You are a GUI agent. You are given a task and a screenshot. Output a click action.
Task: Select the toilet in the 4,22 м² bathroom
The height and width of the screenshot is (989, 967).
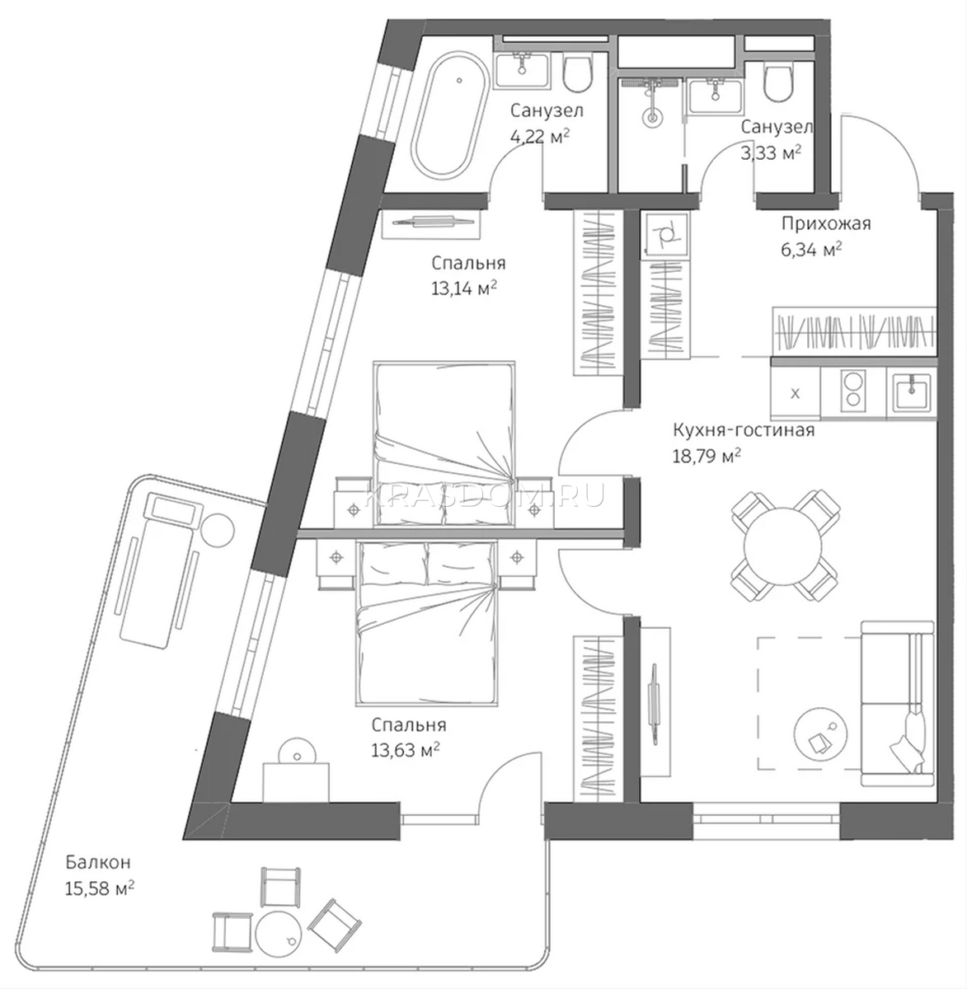578,74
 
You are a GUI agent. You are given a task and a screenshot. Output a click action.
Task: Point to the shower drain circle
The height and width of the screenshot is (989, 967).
652,119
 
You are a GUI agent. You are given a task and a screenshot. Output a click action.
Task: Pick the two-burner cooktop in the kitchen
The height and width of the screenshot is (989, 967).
852,392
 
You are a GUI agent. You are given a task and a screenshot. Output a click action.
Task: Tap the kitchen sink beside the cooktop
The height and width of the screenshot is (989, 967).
912,391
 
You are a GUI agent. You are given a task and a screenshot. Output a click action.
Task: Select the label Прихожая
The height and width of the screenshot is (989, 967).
826,223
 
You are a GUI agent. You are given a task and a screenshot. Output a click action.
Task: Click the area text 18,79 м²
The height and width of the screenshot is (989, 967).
706,456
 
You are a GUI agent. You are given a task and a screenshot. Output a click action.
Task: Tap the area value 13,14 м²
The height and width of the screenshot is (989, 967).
463,288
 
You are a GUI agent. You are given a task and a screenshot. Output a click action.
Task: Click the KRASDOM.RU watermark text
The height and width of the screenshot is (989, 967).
485,494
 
